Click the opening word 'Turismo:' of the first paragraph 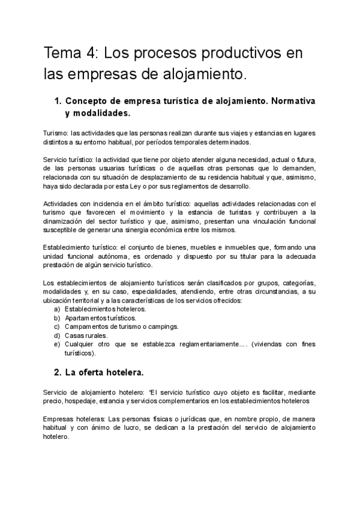(x=55, y=133)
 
